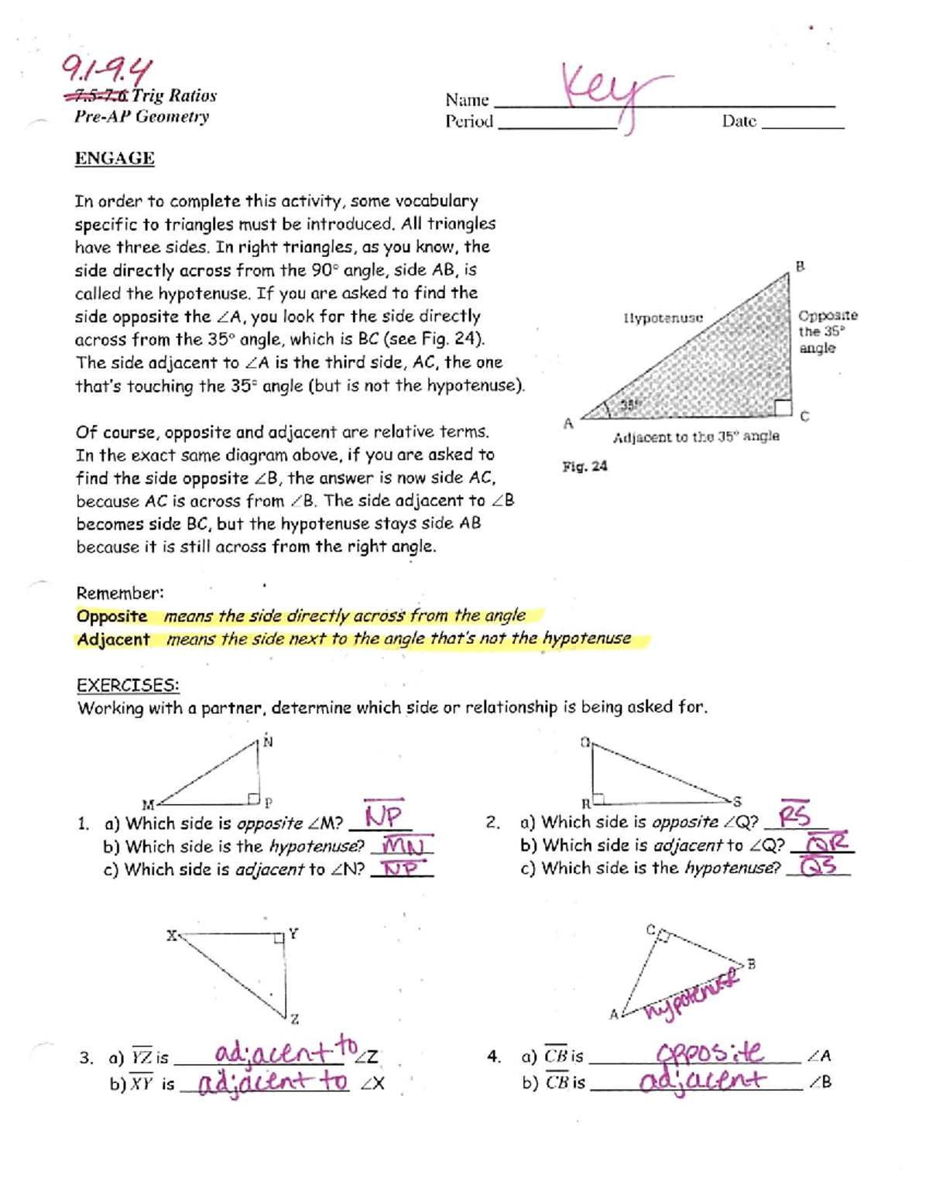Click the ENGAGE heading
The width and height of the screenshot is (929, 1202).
tap(115, 159)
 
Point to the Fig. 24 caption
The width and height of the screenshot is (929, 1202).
tap(584, 466)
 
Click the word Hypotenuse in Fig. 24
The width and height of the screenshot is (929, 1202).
tap(663, 318)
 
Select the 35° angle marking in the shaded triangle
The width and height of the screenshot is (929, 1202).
tap(629, 404)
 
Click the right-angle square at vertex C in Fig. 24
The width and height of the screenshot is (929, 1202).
tap(783, 407)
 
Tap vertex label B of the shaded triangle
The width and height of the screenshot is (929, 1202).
tap(800, 266)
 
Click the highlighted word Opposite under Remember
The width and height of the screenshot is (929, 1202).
tap(111, 616)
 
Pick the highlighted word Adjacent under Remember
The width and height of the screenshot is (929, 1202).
tap(113, 639)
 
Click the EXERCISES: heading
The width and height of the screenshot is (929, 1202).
tap(128, 685)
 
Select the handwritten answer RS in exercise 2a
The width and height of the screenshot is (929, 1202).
tap(795, 817)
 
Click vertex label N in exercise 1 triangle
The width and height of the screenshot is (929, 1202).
tap(268, 741)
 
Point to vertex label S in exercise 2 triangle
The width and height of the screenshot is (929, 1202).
tap(737, 802)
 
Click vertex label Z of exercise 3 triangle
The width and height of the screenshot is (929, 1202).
tap(294, 1019)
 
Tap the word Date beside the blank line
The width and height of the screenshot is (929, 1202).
tap(739, 121)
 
